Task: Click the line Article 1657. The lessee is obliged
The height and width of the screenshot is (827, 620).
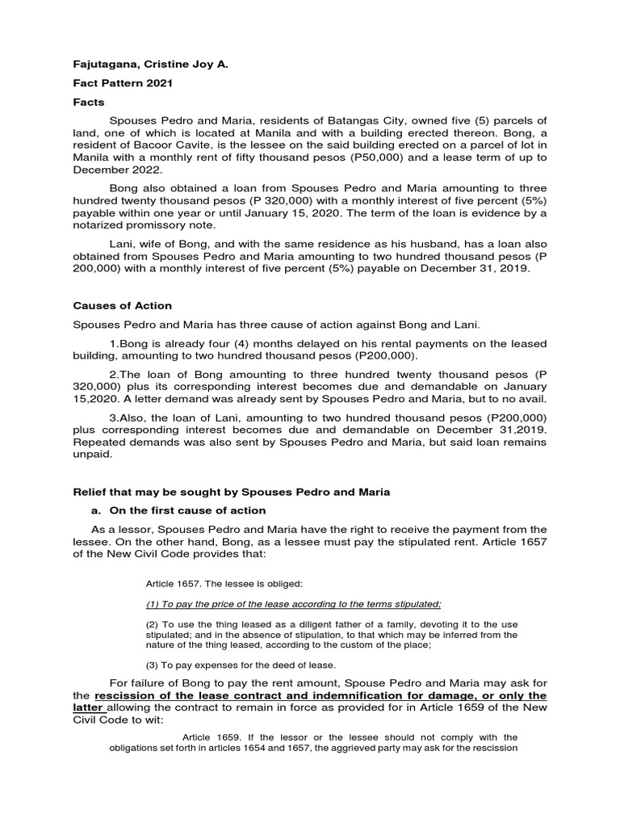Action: coord(213,583)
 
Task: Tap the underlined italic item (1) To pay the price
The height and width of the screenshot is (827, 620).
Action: coord(293,604)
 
